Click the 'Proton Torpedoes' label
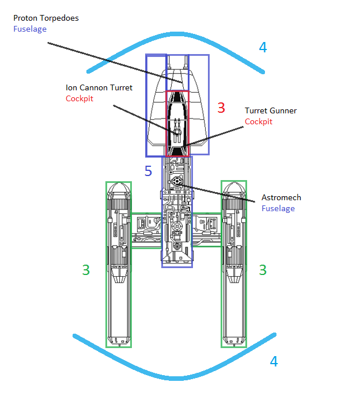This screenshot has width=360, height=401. [46, 18]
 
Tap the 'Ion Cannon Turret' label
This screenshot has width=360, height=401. [98, 88]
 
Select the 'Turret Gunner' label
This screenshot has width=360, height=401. [271, 111]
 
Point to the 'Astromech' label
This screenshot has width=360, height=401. [281, 198]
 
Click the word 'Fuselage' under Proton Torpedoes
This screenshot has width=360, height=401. [30, 29]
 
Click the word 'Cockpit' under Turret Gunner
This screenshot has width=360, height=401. [259, 122]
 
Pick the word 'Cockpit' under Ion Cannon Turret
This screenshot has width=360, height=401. [79, 98]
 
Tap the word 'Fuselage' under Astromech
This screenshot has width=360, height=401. [278, 208]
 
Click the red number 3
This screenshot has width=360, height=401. [221, 108]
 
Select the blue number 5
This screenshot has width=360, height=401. [148, 171]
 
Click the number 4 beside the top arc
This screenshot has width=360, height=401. [263, 48]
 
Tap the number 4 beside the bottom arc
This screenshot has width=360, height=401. [274, 362]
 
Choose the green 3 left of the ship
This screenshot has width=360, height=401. [86, 270]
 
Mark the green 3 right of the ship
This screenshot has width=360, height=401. [263, 270]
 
